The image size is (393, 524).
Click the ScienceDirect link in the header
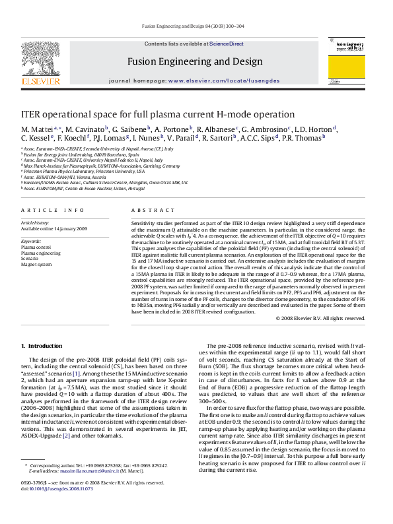226,44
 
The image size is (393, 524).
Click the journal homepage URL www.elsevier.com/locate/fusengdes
223,80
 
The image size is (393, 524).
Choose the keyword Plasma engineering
40,253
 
